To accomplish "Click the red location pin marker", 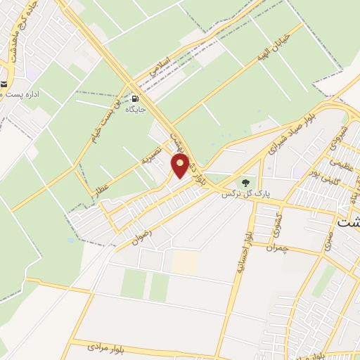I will point(181,166).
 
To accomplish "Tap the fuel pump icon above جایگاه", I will point(135,99).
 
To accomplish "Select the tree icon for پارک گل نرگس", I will point(245,182).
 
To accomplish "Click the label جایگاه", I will point(135,110).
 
